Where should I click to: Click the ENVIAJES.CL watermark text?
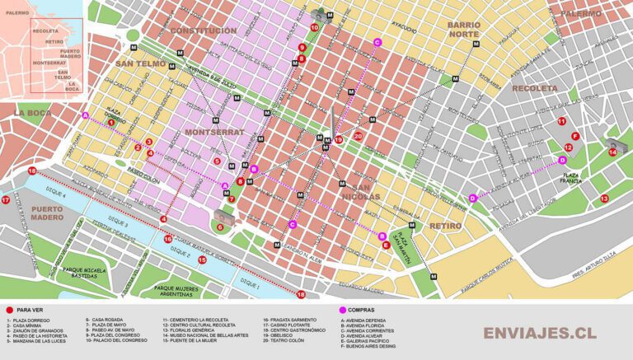[539, 333]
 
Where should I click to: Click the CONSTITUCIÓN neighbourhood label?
[204, 30]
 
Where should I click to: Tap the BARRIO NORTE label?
[469, 30]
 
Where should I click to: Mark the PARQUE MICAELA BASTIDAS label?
[93, 275]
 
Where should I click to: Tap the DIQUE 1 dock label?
[248, 285]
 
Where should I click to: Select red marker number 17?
[6, 199]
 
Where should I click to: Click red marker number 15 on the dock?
[202, 259]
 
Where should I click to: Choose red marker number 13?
[604, 198]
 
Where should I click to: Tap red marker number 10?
[314, 27]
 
